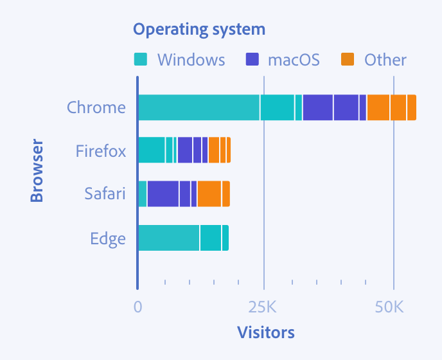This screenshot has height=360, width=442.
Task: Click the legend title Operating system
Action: coord(199,30)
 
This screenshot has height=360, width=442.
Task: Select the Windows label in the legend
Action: coord(191,60)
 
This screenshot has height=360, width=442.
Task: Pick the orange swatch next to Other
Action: coord(348,60)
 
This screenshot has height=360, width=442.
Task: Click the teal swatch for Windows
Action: coord(141,60)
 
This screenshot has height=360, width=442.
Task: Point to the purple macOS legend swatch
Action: coord(252,60)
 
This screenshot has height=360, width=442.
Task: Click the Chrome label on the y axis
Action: coord(96,107)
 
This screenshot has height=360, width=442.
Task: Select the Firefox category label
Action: coord(100,151)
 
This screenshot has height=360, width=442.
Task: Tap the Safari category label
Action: coord(105,194)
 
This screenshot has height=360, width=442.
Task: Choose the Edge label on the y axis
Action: coord(108,239)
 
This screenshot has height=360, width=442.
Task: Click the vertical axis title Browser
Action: coord(37,170)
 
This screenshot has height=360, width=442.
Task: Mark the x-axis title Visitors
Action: coord(265,332)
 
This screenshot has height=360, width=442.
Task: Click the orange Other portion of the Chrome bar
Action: coord(391,107)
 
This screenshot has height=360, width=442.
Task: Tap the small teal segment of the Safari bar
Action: coord(143,194)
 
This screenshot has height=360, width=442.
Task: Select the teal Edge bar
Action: coord(183,238)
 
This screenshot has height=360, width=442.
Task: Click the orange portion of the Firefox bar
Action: coord(219,150)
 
